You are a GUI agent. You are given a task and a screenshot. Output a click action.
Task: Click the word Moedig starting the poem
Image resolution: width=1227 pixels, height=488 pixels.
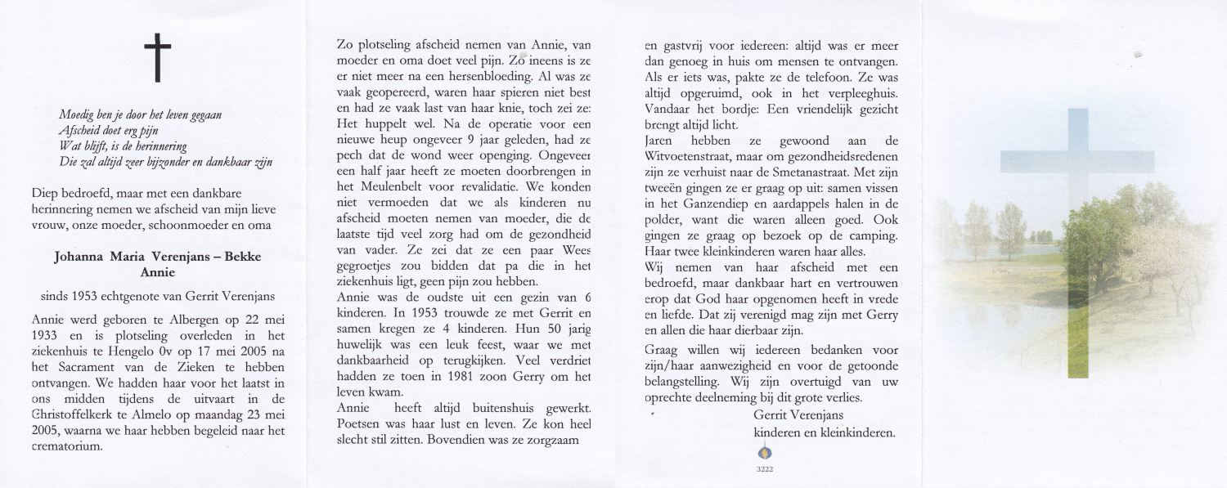click(x=78, y=116)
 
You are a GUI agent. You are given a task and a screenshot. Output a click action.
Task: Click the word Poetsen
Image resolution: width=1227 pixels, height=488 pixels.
click(x=361, y=423)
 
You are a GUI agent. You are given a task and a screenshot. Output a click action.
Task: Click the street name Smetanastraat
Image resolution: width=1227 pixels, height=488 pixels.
click(x=842, y=172)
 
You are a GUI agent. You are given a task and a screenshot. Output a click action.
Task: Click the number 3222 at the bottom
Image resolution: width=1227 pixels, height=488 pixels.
click(x=765, y=469)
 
